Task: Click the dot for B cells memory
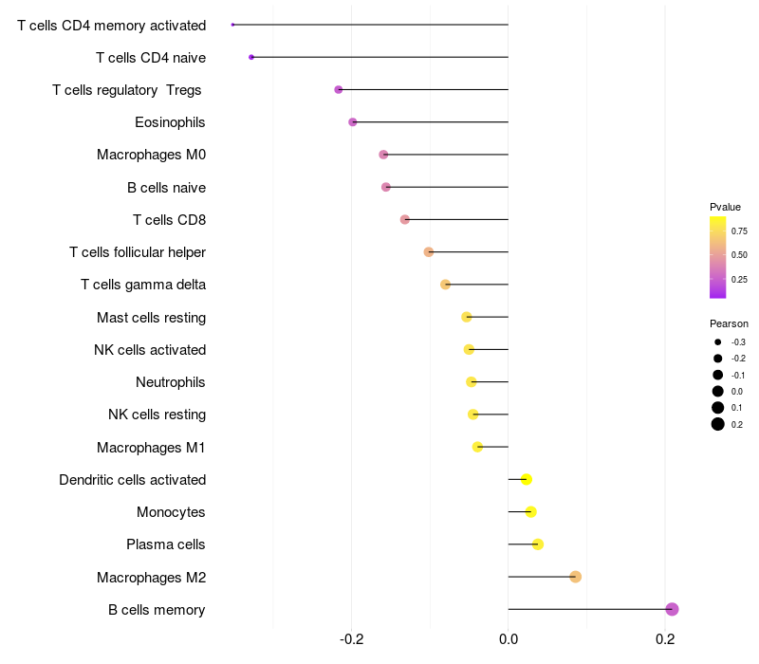pyautogui.click(x=672, y=609)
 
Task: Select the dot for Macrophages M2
pyautogui.click(x=575, y=577)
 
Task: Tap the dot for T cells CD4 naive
pyautogui.click(x=251, y=57)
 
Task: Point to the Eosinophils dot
pyautogui.click(x=353, y=122)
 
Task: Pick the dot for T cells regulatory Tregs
pyautogui.click(x=339, y=89)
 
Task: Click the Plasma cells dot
pyautogui.click(x=538, y=544)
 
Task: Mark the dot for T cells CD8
pyautogui.click(x=405, y=219)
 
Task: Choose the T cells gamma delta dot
pyautogui.click(x=446, y=285)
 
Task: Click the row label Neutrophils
pyautogui.click(x=171, y=382)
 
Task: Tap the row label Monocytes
pyautogui.click(x=171, y=512)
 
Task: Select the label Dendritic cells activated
pyautogui.click(x=132, y=480)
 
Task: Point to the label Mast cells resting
pyautogui.click(x=151, y=317)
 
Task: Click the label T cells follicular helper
pyautogui.click(x=138, y=252)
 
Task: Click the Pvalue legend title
pyautogui.click(x=725, y=207)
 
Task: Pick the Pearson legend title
pyautogui.click(x=729, y=323)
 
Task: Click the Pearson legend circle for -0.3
pyautogui.click(x=718, y=342)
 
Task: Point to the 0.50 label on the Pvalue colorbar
pyautogui.click(x=739, y=255)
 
